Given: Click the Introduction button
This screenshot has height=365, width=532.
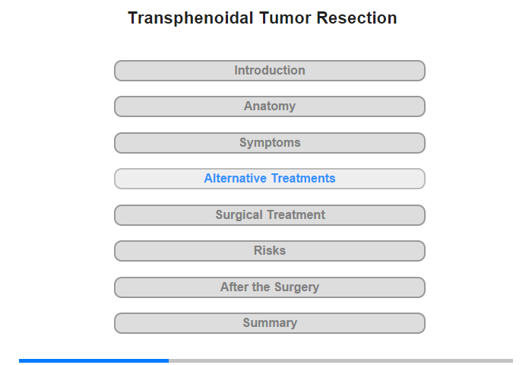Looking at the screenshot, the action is pos(269,71).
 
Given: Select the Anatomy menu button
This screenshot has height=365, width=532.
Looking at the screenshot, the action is pos(269,106).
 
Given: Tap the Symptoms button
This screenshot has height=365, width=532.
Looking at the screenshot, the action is pos(269,143).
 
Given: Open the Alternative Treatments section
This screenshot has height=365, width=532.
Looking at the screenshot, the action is pos(269,179).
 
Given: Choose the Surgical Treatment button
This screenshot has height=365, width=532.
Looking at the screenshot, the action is pos(269,215).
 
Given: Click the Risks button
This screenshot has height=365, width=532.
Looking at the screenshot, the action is pos(269,251).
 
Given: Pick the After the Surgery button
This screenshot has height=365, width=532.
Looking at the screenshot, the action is pos(269,287).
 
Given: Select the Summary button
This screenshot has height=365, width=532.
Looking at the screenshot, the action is pos(269,323).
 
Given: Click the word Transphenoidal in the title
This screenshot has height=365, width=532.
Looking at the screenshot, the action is pos(191,18).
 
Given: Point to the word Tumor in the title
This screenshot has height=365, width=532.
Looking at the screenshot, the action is pos(285,18).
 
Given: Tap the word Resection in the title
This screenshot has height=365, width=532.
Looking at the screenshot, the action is pos(356,18).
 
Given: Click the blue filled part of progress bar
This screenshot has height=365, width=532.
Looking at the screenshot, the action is pos(94,360).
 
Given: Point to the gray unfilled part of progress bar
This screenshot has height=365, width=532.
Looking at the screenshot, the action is pos(341,360).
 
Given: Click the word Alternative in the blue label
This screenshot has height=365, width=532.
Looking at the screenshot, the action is pos(235,178).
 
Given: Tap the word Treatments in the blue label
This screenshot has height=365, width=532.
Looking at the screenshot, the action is pos(303,178).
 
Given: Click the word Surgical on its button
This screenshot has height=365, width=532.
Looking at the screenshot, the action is pos(239,215).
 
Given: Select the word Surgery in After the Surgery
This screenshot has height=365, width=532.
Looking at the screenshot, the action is pos(296,287).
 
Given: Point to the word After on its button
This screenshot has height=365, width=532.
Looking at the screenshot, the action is pos(234,287).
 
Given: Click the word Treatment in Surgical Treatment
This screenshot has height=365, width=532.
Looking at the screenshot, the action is pos(296,214).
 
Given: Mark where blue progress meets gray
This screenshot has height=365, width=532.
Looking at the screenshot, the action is pos(169,360).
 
